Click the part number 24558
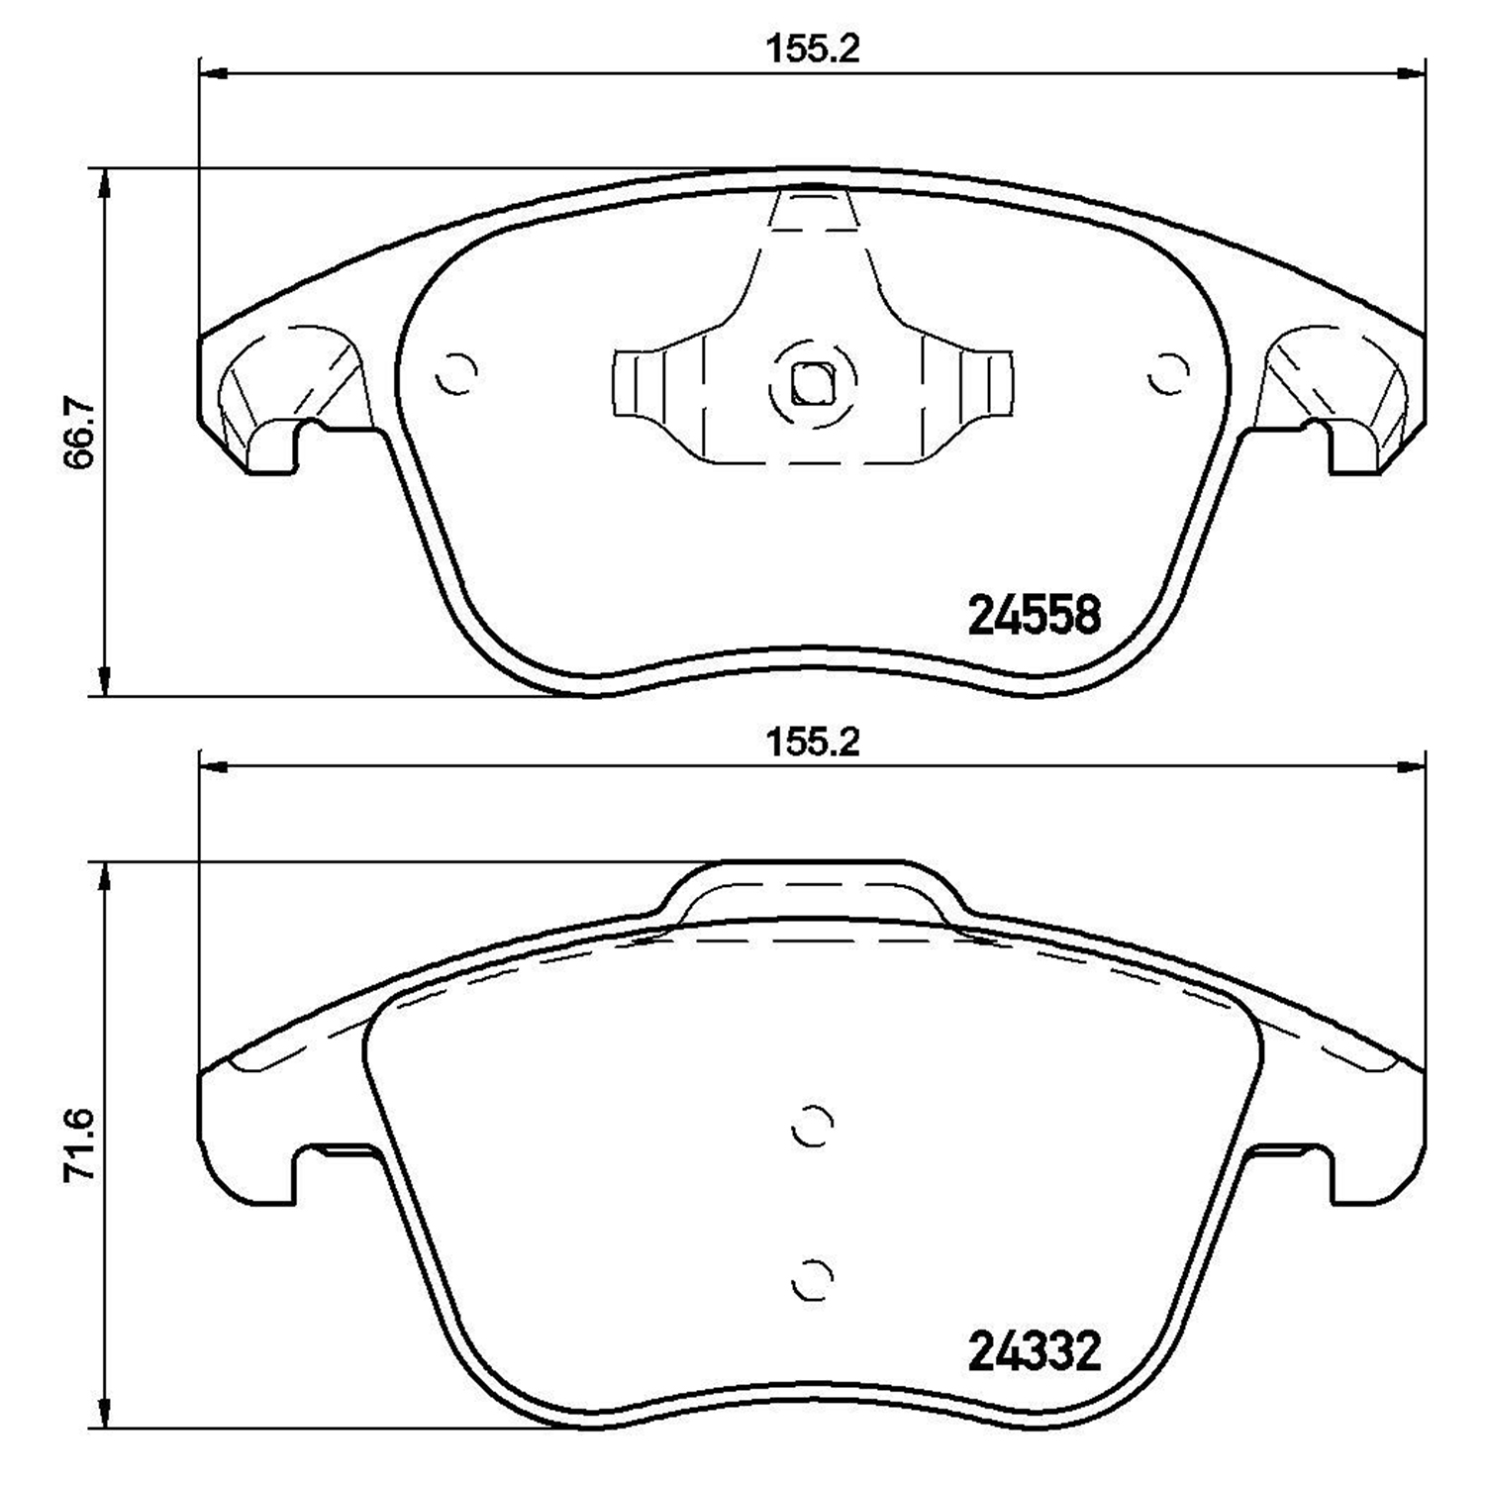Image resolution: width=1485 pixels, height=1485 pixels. (1033, 616)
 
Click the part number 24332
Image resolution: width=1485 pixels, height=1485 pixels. (1033, 1351)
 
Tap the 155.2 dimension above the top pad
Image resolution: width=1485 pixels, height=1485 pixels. (812, 49)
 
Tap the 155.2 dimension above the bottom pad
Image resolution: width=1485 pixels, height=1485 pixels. (812, 742)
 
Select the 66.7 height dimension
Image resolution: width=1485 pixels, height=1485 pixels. (77, 432)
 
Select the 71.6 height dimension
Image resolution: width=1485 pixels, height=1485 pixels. (77, 1144)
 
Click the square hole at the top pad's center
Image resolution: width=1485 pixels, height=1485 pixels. (813, 383)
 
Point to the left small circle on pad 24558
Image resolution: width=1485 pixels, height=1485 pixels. (457, 374)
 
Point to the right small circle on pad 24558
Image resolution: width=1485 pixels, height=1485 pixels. (1168, 374)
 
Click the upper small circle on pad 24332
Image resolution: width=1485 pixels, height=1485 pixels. (813, 1125)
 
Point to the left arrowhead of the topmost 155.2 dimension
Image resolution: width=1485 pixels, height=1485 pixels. (213, 72)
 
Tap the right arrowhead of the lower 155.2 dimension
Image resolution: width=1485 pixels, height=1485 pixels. (1412, 765)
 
